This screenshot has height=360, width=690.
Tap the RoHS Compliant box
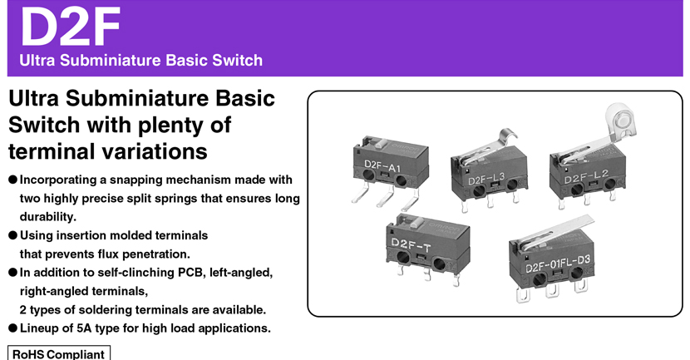59,353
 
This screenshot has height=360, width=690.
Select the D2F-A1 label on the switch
382,166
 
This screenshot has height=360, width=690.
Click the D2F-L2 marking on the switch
586,177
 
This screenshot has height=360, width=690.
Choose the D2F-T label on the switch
410,244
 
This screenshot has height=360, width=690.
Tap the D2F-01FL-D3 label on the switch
558,264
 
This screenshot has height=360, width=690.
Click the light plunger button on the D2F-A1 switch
382,143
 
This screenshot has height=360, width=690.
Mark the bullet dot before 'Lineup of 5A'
12,328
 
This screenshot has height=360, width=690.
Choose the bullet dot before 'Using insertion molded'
12,235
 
